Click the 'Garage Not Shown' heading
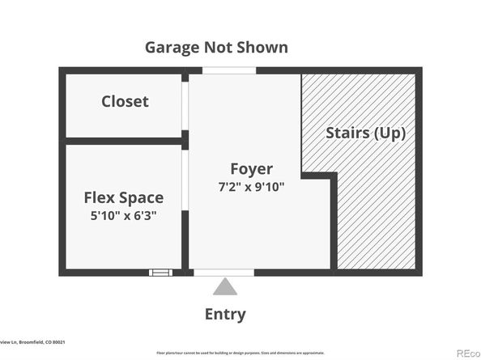click(x=215, y=47)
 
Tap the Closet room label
click(x=125, y=101)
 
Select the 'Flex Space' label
click(x=124, y=197)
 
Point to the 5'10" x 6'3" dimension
click(x=124, y=216)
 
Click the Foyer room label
click(x=251, y=169)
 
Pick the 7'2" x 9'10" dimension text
click(x=251, y=186)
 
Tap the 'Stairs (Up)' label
click(x=365, y=133)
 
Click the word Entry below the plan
click(x=226, y=315)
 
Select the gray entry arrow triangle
click(x=226, y=287)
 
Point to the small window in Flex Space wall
click(x=160, y=273)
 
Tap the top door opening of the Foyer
click(x=228, y=71)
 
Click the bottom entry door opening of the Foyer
click(x=225, y=273)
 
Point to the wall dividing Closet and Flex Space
click(x=123, y=141)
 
